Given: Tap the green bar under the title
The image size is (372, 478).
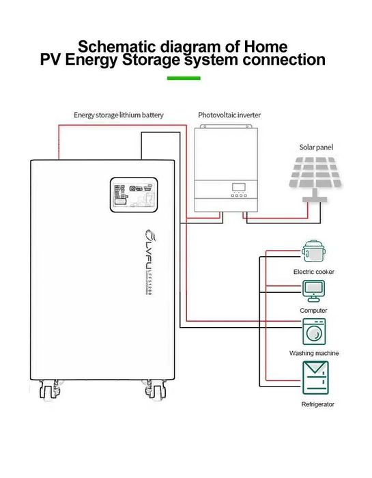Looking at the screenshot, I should pyautogui.click(x=184, y=78).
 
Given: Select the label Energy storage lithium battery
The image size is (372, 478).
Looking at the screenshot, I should pyautogui.click(x=119, y=115).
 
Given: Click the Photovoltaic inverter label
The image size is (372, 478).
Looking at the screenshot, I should pyautogui.click(x=229, y=115).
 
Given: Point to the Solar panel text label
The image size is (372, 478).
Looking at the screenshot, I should pyautogui.click(x=317, y=147).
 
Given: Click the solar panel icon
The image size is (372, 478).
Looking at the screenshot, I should pyautogui.click(x=315, y=175).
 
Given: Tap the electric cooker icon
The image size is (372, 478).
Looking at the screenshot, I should pyautogui.click(x=313, y=251).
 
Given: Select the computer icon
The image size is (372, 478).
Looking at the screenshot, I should pyautogui.click(x=313, y=290).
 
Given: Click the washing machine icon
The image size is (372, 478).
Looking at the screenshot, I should pyautogui.click(x=313, y=332).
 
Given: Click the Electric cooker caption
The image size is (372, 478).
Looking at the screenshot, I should pyautogui.click(x=313, y=272).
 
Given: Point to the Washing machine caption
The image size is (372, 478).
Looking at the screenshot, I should pyautogui.click(x=313, y=353).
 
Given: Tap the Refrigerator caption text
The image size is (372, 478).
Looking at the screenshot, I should pyautogui.click(x=317, y=405).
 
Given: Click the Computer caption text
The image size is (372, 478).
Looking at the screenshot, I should pyautogui.click(x=313, y=310).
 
